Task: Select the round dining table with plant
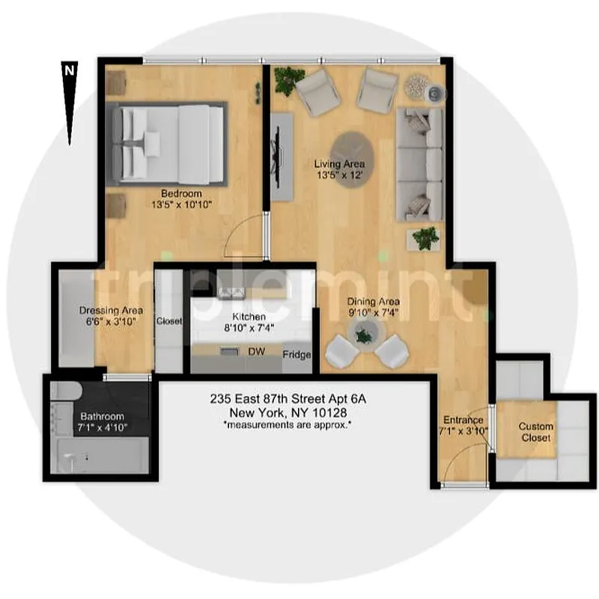365,335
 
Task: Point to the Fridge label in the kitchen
297,355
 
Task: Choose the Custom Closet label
535,432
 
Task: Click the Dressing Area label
111,310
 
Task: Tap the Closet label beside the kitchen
169,321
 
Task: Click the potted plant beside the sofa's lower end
426,237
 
